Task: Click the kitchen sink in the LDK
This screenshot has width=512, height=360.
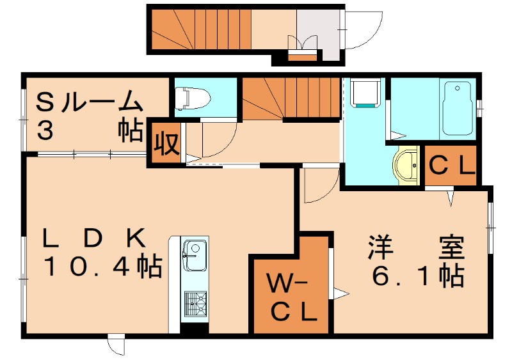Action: pos(194,257)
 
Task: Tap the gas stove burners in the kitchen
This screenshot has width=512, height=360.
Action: pos(195,304)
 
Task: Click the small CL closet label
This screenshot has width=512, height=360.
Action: pos(451,166)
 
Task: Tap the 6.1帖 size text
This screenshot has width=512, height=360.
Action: pos(415,276)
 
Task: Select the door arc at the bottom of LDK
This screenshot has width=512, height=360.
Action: pos(117,345)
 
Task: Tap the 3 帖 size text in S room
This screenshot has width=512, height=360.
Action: pos(90,130)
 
